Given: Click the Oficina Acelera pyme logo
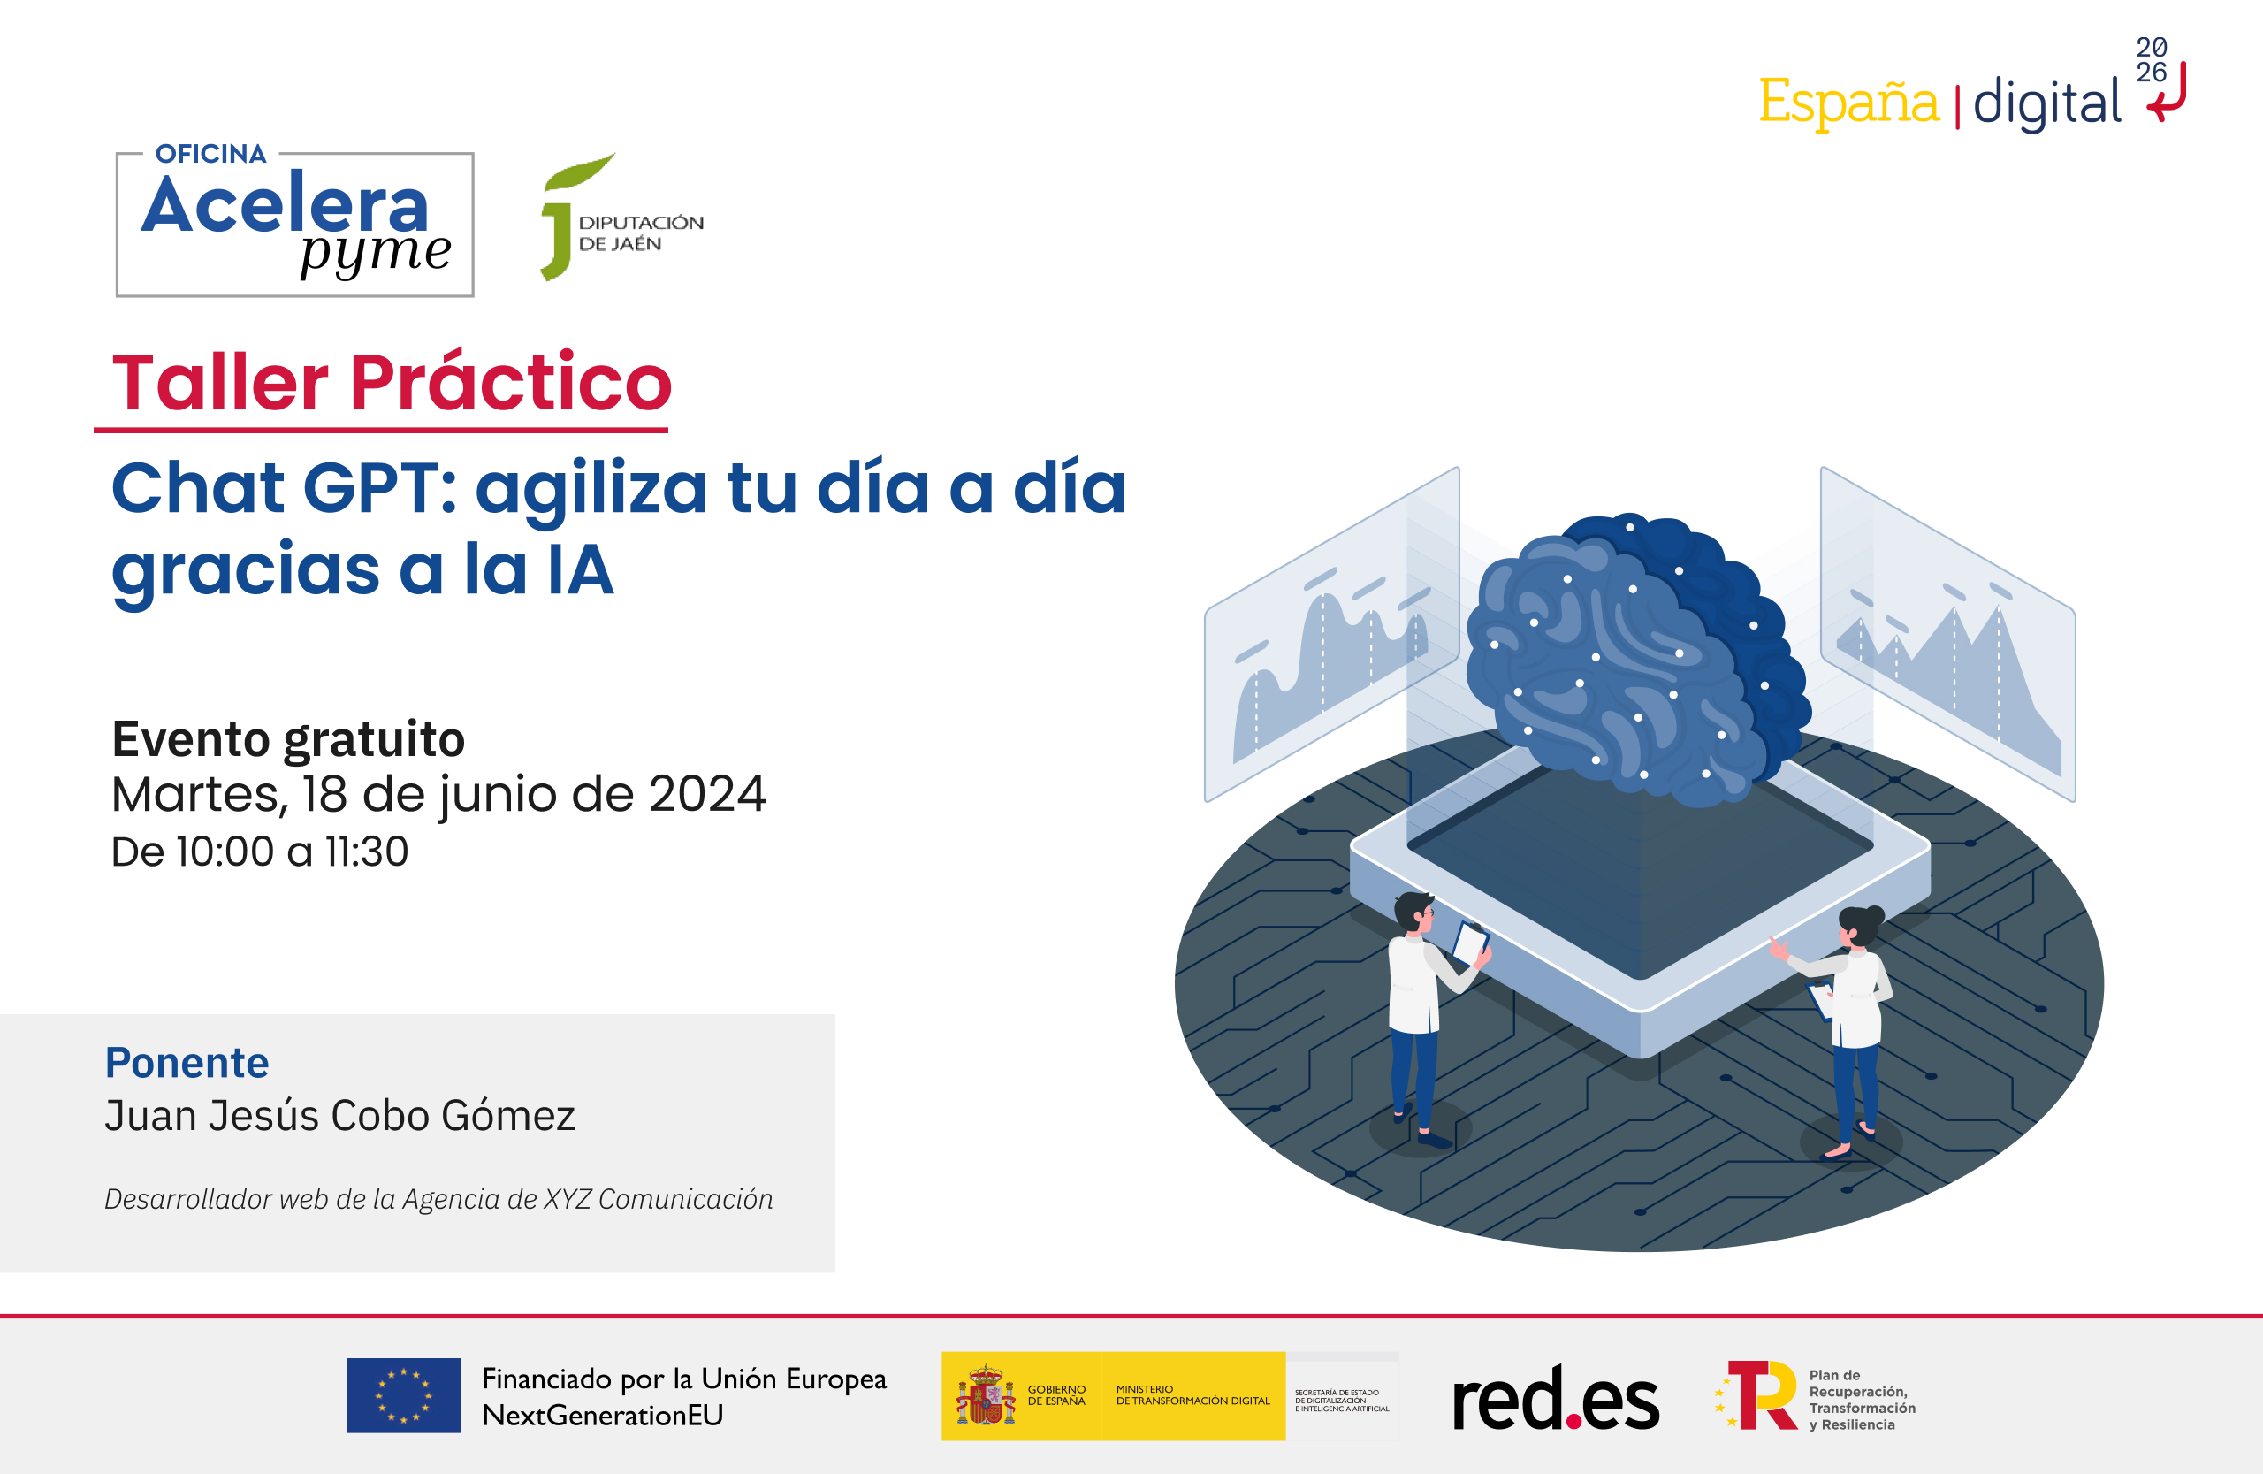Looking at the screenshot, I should (x=293, y=224).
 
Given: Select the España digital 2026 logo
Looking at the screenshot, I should (x=1969, y=95).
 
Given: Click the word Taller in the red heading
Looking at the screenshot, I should (x=221, y=382).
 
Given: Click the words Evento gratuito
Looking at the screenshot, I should (x=288, y=739).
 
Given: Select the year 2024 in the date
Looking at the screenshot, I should (x=705, y=794).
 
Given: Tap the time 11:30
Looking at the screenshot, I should (x=366, y=852).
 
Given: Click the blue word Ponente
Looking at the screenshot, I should (x=187, y=1062).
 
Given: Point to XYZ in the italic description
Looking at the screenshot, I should (x=567, y=1199).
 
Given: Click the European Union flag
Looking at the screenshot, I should (x=403, y=1395).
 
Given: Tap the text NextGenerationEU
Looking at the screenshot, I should (x=602, y=1415).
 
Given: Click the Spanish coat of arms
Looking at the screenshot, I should (x=985, y=1396).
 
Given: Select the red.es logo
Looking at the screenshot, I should (x=1556, y=1398).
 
